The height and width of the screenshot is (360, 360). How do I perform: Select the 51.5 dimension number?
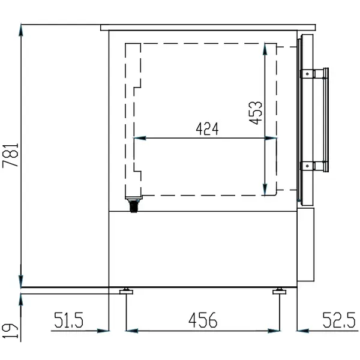pyautogui.click(x=69, y=320)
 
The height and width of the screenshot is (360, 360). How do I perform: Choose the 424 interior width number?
pyautogui.click(x=206, y=128)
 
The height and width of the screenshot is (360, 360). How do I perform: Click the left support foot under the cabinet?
pyautogui.click(x=126, y=292)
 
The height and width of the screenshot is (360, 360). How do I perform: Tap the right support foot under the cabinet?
pyautogui.click(x=278, y=292)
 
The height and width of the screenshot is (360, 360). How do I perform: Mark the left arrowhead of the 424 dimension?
pyautogui.click(x=137, y=138)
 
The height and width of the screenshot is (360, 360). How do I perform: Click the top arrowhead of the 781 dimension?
pyautogui.click(x=22, y=29)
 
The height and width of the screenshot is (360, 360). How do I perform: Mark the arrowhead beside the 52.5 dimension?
pyautogui.click(x=301, y=329)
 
